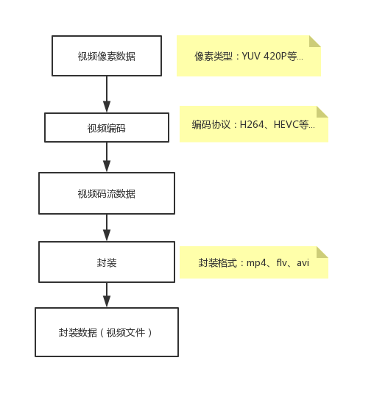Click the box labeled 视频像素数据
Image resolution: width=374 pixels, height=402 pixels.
(107, 56)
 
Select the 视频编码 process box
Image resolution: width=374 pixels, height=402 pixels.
(107, 128)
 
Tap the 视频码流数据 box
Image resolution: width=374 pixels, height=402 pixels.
(107, 193)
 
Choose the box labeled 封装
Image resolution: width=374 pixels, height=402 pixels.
(107, 262)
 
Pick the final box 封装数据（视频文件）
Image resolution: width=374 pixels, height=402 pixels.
(107, 332)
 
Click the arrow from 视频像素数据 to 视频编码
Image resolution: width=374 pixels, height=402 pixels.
(107, 94)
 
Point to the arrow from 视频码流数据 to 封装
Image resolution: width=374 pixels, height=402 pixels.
(107, 228)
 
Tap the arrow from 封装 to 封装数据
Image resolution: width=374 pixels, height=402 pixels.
(107, 295)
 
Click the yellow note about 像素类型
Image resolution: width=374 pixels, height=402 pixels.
(248, 56)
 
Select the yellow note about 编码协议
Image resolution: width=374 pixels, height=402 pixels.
(253, 124)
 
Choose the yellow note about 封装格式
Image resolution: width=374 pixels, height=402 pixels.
(253, 262)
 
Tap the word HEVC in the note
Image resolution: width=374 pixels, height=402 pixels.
(286, 125)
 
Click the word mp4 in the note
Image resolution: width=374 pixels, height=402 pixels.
(256, 263)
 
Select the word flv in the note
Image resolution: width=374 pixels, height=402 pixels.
(282, 263)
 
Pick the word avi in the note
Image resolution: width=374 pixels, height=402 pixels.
(303, 263)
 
